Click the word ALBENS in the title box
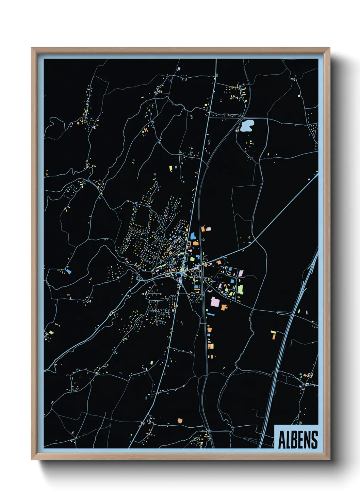coord(298,440)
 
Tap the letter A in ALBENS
coord(282,440)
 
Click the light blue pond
coord(246,126)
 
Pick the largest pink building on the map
coord(215,302)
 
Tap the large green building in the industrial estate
coord(241,289)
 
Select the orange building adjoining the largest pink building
coord(224,308)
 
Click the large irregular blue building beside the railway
coord(193,236)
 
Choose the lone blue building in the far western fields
coord(69,271)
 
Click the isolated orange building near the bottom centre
coord(180,421)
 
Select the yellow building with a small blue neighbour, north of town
coord(171,168)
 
